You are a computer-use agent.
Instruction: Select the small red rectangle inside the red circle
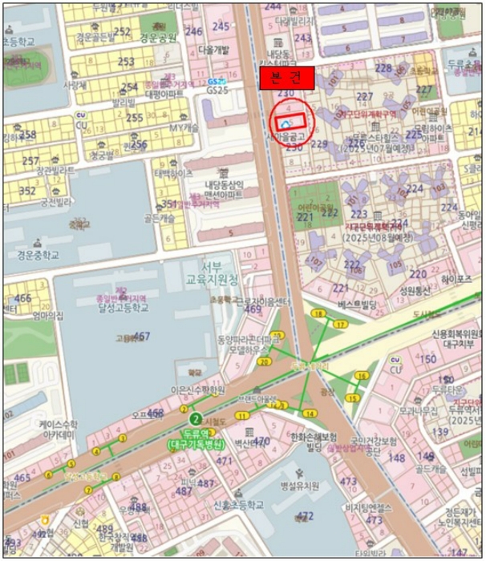pos(290,123)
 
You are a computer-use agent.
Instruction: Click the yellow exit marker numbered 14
pos(308,414)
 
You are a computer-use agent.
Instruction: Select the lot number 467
pos(141,337)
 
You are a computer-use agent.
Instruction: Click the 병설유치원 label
pos(301,486)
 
